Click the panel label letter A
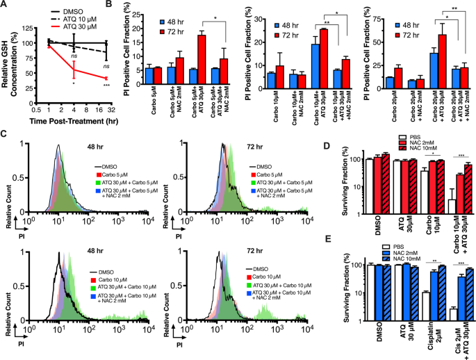coord(5,6)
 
